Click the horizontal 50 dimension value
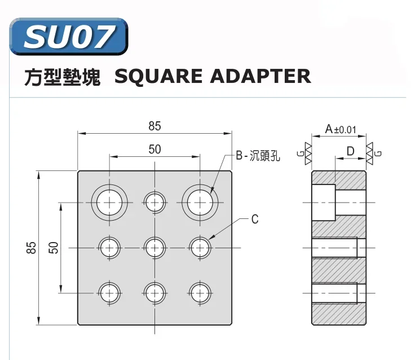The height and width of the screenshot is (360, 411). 154,149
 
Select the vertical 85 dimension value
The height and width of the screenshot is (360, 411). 31,247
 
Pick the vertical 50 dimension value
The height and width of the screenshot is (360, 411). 54,247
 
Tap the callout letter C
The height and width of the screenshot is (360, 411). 255,219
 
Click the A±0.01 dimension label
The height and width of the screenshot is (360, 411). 341,130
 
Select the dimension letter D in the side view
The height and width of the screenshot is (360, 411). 350,151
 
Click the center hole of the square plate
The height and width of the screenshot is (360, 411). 154,247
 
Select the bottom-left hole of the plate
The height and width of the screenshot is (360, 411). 109,292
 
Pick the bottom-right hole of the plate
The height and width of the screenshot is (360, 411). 200,292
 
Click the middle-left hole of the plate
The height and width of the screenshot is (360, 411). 109,247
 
